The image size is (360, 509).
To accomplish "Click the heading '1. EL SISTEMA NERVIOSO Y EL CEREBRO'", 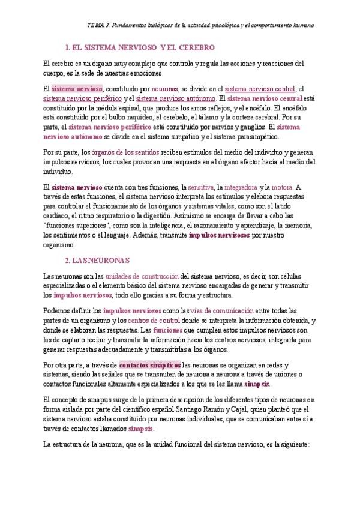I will [139, 47].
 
